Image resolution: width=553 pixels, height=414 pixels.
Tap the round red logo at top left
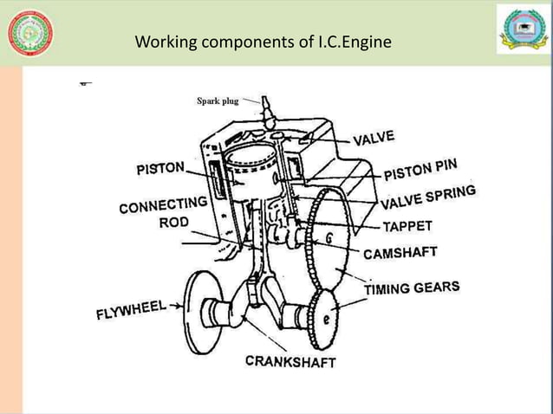coord(29,33)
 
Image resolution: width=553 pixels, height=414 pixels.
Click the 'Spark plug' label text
coord(218,101)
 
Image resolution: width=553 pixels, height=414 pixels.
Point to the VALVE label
coord(374,138)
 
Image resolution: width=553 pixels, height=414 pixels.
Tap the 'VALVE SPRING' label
coord(428,198)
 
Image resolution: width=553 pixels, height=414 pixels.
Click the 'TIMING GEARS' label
coord(411,288)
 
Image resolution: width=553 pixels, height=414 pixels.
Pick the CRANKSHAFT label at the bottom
coord(290,361)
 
